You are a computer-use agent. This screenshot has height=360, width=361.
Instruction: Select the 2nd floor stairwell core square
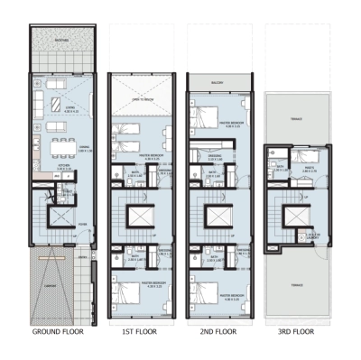click(216, 217)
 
